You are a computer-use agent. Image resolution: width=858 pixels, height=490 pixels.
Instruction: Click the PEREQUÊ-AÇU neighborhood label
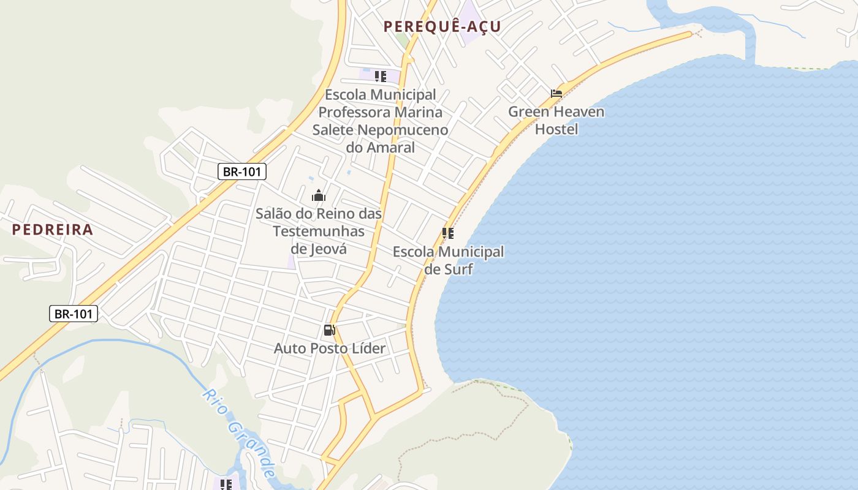click(x=442, y=26)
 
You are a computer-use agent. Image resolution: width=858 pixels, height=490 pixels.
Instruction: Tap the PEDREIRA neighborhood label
click(x=53, y=230)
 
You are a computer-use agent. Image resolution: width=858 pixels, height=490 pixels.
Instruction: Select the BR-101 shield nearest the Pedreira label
click(x=241, y=171)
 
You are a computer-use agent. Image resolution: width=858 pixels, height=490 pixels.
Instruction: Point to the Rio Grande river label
click(x=239, y=432)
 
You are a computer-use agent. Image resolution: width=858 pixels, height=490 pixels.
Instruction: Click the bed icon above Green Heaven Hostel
click(x=556, y=94)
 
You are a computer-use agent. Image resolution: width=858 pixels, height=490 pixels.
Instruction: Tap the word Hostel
click(x=556, y=129)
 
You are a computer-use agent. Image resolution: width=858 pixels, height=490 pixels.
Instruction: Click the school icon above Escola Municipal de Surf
click(x=448, y=233)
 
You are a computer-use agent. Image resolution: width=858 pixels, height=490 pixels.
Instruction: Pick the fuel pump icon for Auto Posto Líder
click(x=329, y=331)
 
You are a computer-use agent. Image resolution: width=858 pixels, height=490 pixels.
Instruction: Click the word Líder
click(x=366, y=349)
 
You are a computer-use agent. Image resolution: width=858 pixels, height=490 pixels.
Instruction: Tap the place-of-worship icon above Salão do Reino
click(x=319, y=196)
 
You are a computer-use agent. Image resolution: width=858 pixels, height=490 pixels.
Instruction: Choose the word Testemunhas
click(x=319, y=232)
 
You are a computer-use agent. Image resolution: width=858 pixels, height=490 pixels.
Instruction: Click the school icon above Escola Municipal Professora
click(x=381, y=77)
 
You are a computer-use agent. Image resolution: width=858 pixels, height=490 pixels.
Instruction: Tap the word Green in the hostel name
click(x=529, y=112)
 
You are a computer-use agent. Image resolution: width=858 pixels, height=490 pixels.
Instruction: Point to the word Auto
click(x=289, y=349)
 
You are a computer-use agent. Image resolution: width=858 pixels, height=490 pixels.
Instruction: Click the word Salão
click(x=274, y=214)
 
